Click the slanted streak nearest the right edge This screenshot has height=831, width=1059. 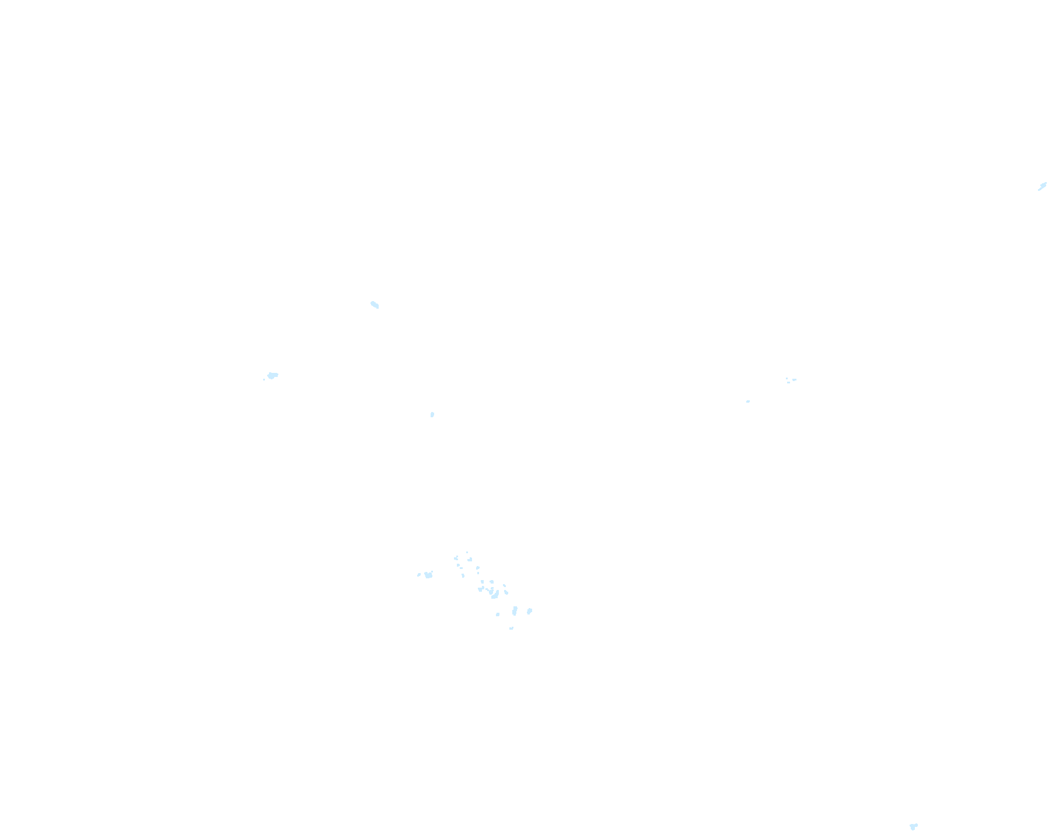(x=1042, y=187)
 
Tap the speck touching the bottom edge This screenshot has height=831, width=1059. (x=913, y=826)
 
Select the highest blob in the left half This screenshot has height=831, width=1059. (x=375, y=305)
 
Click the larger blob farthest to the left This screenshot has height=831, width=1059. (x=272, y=375)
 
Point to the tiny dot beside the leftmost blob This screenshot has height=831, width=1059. (x=264, y=379)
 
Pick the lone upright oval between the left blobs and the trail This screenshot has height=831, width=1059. (x=432, y=415)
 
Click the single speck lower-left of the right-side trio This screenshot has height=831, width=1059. (x=748, y=401)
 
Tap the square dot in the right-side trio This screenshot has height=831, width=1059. (x=787, y=378)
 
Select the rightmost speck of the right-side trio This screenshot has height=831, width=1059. (x=794, y=379)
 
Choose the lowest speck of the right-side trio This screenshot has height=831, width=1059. (x=788, y=383)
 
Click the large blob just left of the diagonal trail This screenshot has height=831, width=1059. (x=429, y=575)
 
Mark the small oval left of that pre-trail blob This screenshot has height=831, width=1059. (x=419, y=575)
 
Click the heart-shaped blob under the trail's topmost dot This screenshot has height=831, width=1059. (x=470, y=560)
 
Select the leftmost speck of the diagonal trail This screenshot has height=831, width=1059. (x=456, y=558)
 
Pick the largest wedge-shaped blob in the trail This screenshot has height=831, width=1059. (x=494, y=595)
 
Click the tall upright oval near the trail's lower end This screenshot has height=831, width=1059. (x=515, y=611)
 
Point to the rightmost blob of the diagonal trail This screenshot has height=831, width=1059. (x=529, y=611)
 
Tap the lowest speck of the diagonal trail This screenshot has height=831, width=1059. (x=511, y=629)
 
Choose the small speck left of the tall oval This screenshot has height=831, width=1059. (x=498, y=614)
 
